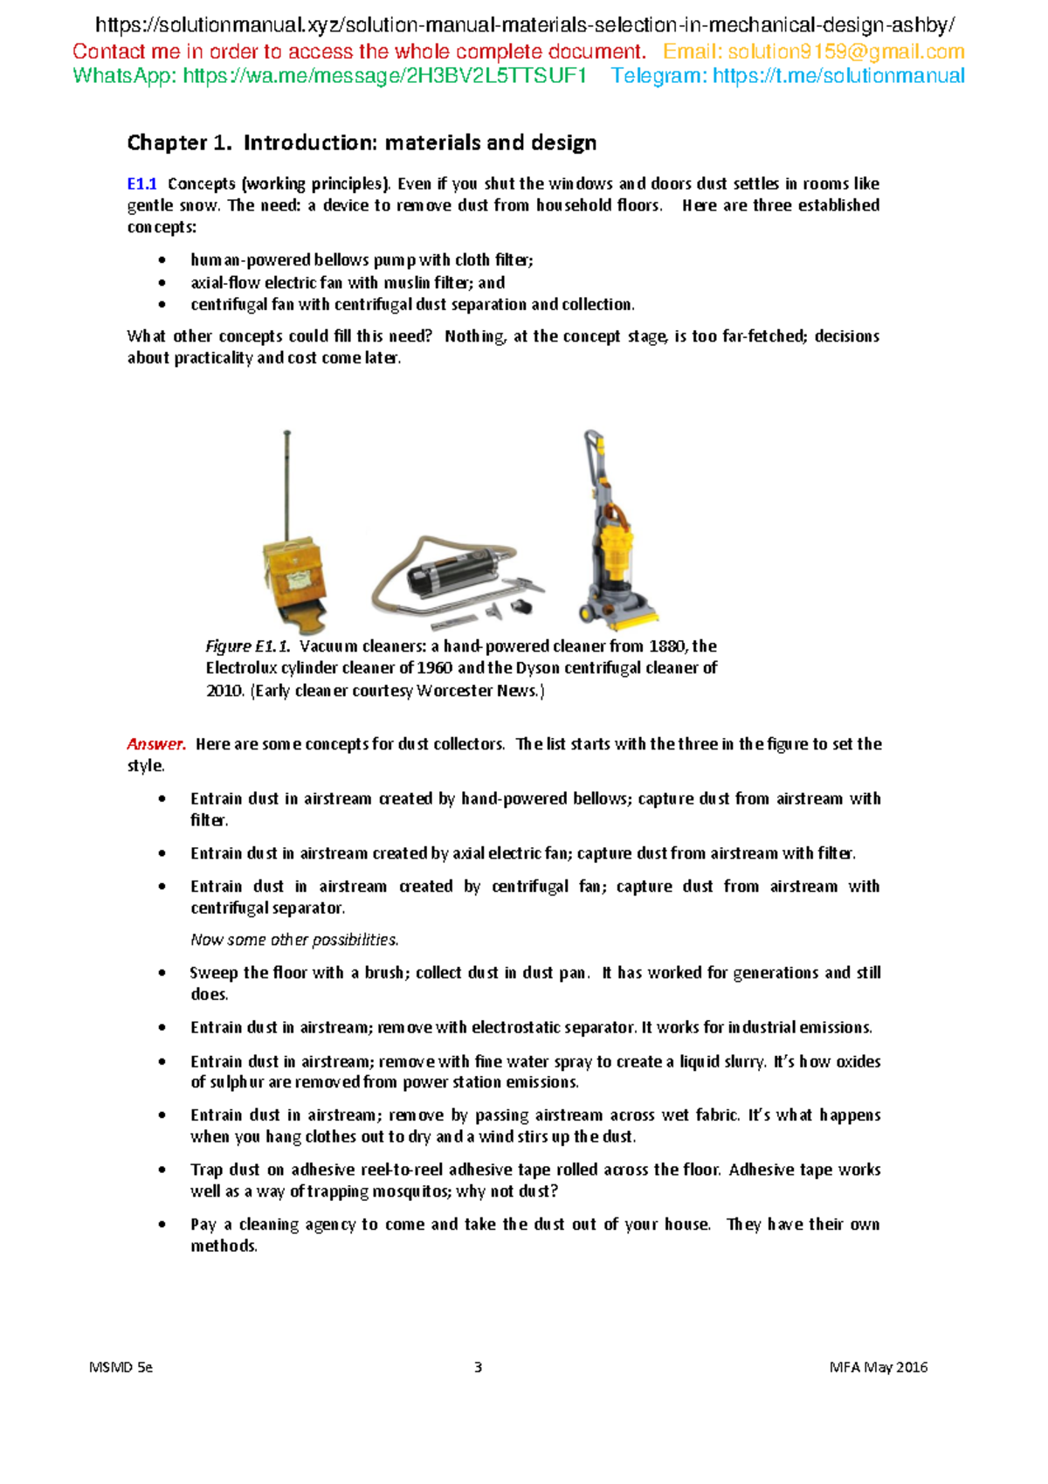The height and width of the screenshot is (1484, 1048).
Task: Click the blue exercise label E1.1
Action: click(141, 183)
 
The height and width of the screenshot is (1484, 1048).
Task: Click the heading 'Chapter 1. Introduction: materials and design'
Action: click(362, 142)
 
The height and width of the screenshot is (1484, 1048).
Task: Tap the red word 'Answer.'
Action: click(156, 744)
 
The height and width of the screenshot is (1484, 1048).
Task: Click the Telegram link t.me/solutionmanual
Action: click(838, 76)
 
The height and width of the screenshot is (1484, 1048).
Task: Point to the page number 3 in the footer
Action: click(478, 1367)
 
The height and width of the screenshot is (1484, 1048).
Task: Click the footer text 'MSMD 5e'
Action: click(121, 1367)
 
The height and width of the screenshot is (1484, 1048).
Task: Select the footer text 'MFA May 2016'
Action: click(878, 1367)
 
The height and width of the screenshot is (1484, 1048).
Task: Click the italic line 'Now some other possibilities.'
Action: click(294, 940)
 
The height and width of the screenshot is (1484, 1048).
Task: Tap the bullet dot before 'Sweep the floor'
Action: click(162, 973)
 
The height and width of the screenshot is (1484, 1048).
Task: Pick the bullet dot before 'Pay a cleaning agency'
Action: click(162, 1225)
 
